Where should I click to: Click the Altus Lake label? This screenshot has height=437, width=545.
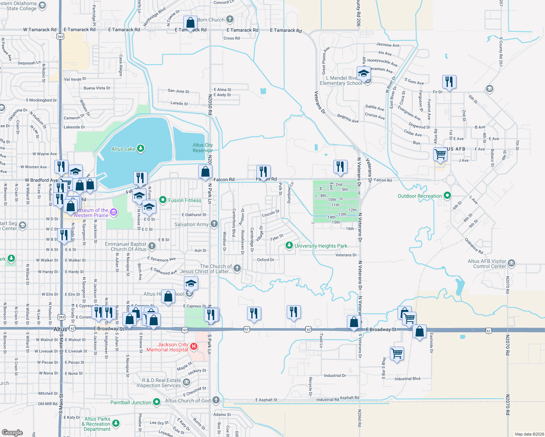[x=123, y=149]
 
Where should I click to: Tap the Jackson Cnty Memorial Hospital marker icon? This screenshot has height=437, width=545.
[x=194, y=346]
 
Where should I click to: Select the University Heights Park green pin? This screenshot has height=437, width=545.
[x=289, y=245]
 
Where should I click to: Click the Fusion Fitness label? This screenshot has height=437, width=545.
[x=185, y=200]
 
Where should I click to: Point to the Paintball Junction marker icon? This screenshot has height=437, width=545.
[x=157, y=402]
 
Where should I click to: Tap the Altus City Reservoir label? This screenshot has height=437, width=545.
[x=203, y=147]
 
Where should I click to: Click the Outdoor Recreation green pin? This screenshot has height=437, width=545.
[x=447, y=196]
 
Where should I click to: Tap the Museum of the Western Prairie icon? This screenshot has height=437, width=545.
[x=114, y=212]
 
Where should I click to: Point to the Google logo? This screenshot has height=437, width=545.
[x=12, y=432]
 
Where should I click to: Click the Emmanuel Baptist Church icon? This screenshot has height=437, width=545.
[x=152, y=246]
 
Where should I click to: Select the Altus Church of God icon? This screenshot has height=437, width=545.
[x=216, y=400]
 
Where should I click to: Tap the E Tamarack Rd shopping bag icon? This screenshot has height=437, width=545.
[x=190, y=23]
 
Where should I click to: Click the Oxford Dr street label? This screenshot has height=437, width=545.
[x=266, y=260]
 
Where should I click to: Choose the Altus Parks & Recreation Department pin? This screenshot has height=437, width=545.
[x=116, y=423]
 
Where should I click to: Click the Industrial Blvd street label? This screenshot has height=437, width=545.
[x=407, y=379]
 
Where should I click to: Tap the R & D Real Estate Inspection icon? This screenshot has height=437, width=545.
[x=187, y=382]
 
